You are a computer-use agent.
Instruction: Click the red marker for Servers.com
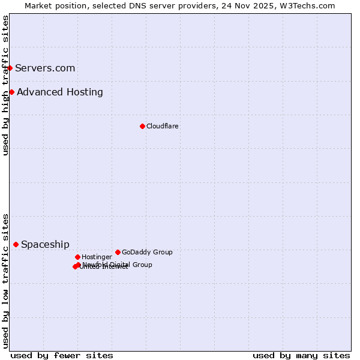point(10,68)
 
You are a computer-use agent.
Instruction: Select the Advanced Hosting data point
point(12,92)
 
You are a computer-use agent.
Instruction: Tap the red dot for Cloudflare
point(142,126)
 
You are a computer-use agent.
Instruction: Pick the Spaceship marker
point(16,244)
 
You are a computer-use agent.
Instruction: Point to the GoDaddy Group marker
point(118,252)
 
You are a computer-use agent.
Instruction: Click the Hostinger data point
point(77,257)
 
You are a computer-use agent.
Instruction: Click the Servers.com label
point(45,68)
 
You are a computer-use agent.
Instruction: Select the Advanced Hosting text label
point(60,92)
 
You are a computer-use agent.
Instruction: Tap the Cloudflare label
point(162,126)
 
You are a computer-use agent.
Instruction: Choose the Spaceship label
point(45,244)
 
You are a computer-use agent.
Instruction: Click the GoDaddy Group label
point(147,252)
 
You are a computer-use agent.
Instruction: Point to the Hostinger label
point(97,257)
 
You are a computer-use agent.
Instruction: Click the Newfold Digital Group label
point(118,264)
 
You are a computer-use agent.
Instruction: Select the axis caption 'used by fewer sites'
point(62,355)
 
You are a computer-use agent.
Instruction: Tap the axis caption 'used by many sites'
point(301,355)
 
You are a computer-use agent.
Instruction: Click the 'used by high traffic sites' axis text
point(5,85)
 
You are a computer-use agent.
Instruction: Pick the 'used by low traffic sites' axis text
point(5,280)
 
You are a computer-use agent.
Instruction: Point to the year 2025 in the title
point(269,5)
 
